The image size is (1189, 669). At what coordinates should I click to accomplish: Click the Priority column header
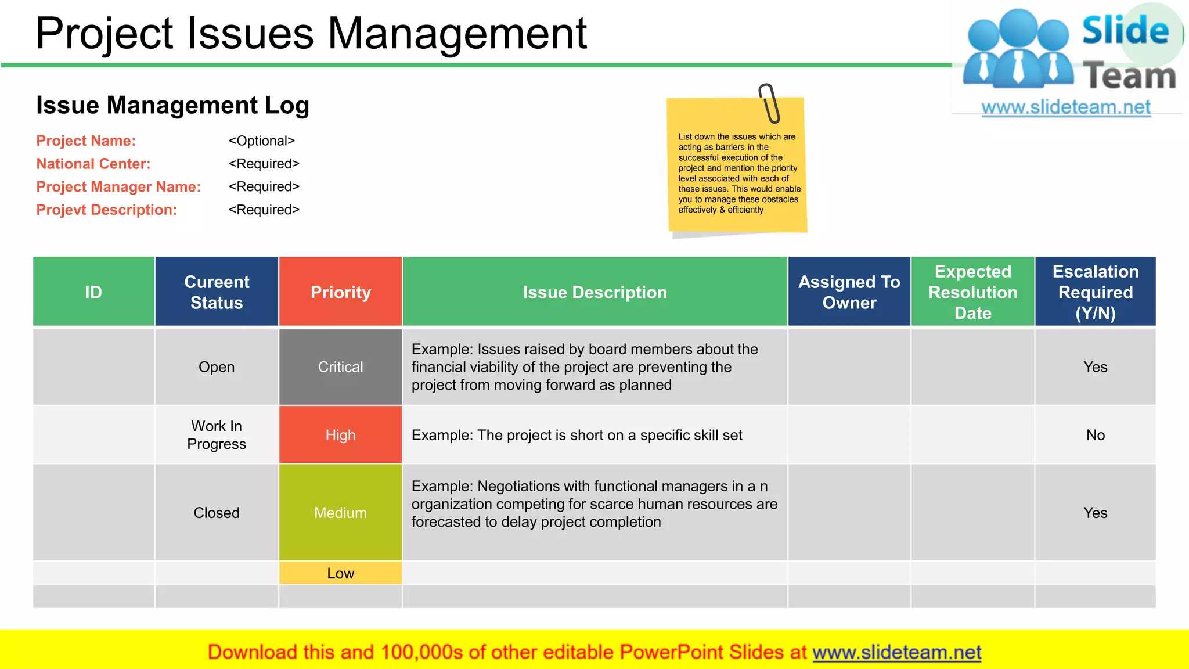coord(340,292)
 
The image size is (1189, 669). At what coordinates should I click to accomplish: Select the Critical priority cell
coord(340,367)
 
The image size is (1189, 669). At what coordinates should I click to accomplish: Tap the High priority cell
coord(340,435)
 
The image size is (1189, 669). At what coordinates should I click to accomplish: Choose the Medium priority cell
coord(340,513)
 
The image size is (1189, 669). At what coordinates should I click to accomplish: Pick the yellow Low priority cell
coord(340,573)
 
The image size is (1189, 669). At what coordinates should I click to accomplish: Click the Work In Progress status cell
coord(217,435)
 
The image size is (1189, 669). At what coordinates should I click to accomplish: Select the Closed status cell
coord(217,513)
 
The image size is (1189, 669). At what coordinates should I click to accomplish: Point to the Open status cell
coord(217,367)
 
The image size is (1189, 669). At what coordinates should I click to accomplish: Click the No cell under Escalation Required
coord(1095,435)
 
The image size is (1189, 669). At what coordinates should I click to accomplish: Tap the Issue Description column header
coord(594,292)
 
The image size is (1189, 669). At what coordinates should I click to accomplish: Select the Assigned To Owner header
coord(849,292)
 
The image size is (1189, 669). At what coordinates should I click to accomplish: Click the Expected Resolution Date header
coord(972,292)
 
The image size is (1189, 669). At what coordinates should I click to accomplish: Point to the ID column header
coord(93,292)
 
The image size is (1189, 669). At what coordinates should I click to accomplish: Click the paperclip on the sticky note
coord(770,103)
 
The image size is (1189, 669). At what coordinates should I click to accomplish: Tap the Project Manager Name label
coord(118,187)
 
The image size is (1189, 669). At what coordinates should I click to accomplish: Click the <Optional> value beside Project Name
coord(262,141)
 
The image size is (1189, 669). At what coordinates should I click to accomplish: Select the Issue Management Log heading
coord(172,106)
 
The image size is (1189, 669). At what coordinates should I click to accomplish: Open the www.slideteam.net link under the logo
coord(1066,107)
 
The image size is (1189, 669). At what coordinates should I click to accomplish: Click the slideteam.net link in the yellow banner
coord(896,652)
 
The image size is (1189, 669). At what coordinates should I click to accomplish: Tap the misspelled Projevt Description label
coord(107,210)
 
